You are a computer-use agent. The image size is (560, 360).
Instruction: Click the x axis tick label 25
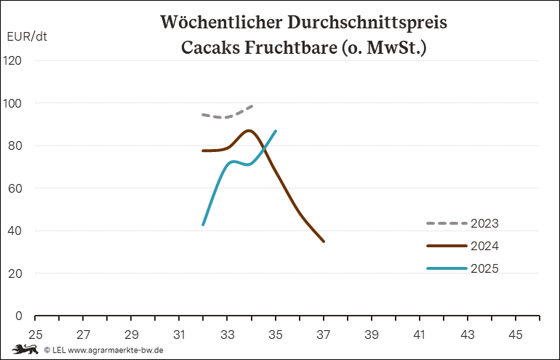[x=35, y=335]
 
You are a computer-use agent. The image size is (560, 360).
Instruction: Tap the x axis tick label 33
[x=228, y=335]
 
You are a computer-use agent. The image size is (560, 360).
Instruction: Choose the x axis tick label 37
[x=324, y=335]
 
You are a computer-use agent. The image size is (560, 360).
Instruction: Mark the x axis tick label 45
[x=516, y=335]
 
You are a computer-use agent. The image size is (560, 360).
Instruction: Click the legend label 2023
[x=484, y=223]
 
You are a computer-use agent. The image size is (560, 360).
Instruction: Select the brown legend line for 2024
[x=446, y=246]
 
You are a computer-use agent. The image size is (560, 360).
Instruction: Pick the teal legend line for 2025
[x=446, y=269]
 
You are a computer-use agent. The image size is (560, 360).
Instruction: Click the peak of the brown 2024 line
[x=249, y=131]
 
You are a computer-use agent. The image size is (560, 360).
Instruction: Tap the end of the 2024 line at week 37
[x=324, y=241]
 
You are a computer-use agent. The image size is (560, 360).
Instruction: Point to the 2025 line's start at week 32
[x=204, y=225]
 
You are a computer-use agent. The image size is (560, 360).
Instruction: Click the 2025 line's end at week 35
[x=276, y=131]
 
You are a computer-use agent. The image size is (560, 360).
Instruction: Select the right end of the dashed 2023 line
[x=252, y=106]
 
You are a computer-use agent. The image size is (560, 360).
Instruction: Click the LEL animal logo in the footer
[x=25, y=350]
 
